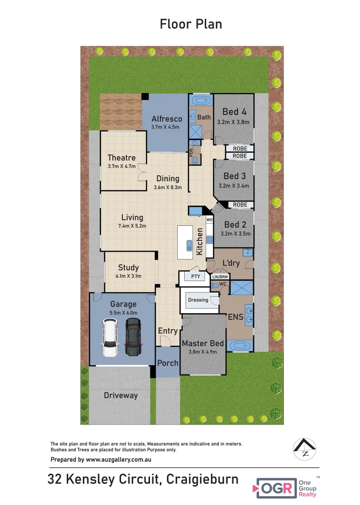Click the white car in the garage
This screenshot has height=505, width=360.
(110, 338)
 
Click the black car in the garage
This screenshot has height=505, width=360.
(133, 337)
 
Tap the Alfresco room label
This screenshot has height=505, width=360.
(166, 119)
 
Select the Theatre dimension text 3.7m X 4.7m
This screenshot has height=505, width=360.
(122, 166)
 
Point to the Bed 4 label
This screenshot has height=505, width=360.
(234, 112)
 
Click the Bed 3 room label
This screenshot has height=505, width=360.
(234, 176)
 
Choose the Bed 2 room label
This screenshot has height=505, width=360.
(234, 224)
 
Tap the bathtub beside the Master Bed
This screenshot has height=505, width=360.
(241, 346)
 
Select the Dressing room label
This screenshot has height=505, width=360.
(198, 300)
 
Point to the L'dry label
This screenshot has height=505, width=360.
(231, 263)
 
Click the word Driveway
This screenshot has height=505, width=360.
(121, 396)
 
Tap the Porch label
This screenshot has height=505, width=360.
(167, 363)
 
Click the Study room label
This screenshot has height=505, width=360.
(128, 267)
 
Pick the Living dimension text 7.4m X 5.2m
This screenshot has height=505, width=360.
(132, 226)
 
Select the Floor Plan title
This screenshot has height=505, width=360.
(191, 24)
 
